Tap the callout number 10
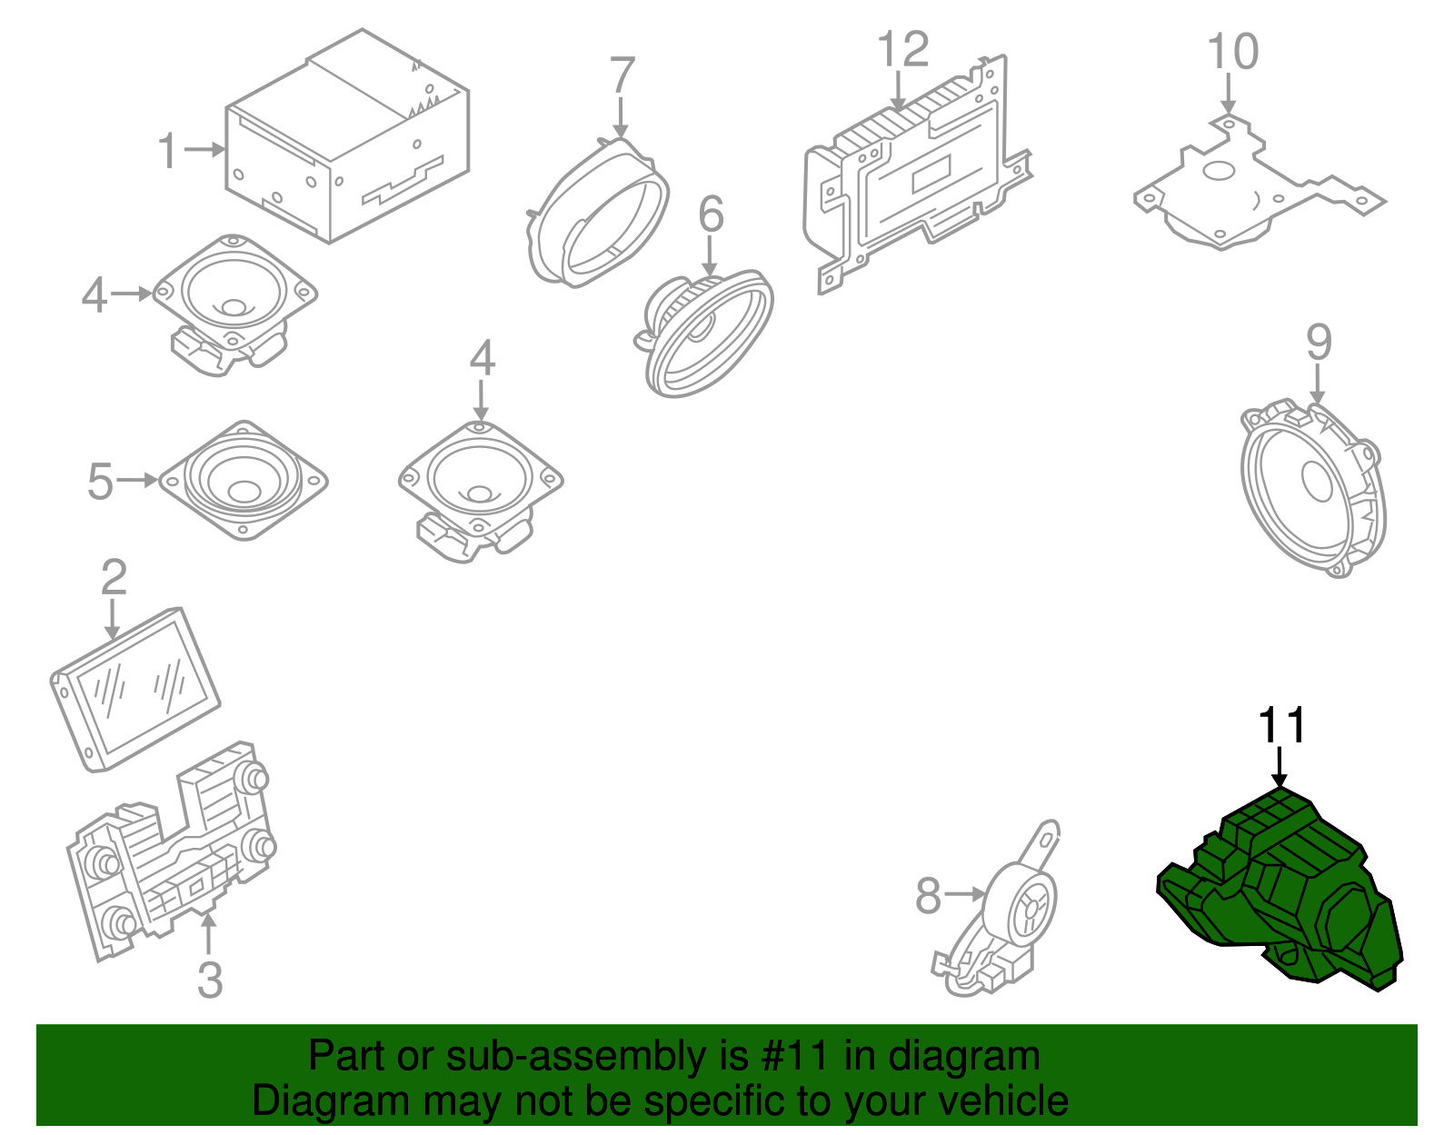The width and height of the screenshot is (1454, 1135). pos(1232,52)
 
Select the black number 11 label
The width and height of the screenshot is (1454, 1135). pos(1281,726)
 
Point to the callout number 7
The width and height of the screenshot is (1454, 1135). pos(622,75)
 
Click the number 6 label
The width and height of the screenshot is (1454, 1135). pos(711,214)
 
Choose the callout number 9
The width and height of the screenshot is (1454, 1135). pos(1319,343)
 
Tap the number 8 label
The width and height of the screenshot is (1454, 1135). pos(928,896)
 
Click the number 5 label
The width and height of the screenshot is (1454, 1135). pos(100,481)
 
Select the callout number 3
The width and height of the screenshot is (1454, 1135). pos(209,980)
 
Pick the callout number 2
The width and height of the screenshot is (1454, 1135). pos(114,576)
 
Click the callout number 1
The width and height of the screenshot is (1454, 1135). pos(168,151)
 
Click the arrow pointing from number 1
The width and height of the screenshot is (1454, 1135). pos(204,150)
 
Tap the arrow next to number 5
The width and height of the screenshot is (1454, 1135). pos(137,480)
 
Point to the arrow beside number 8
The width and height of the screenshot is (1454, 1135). pos(963,893)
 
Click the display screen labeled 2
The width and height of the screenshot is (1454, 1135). pos(135,689)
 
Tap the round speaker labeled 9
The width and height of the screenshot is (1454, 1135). pos(1311,488)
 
